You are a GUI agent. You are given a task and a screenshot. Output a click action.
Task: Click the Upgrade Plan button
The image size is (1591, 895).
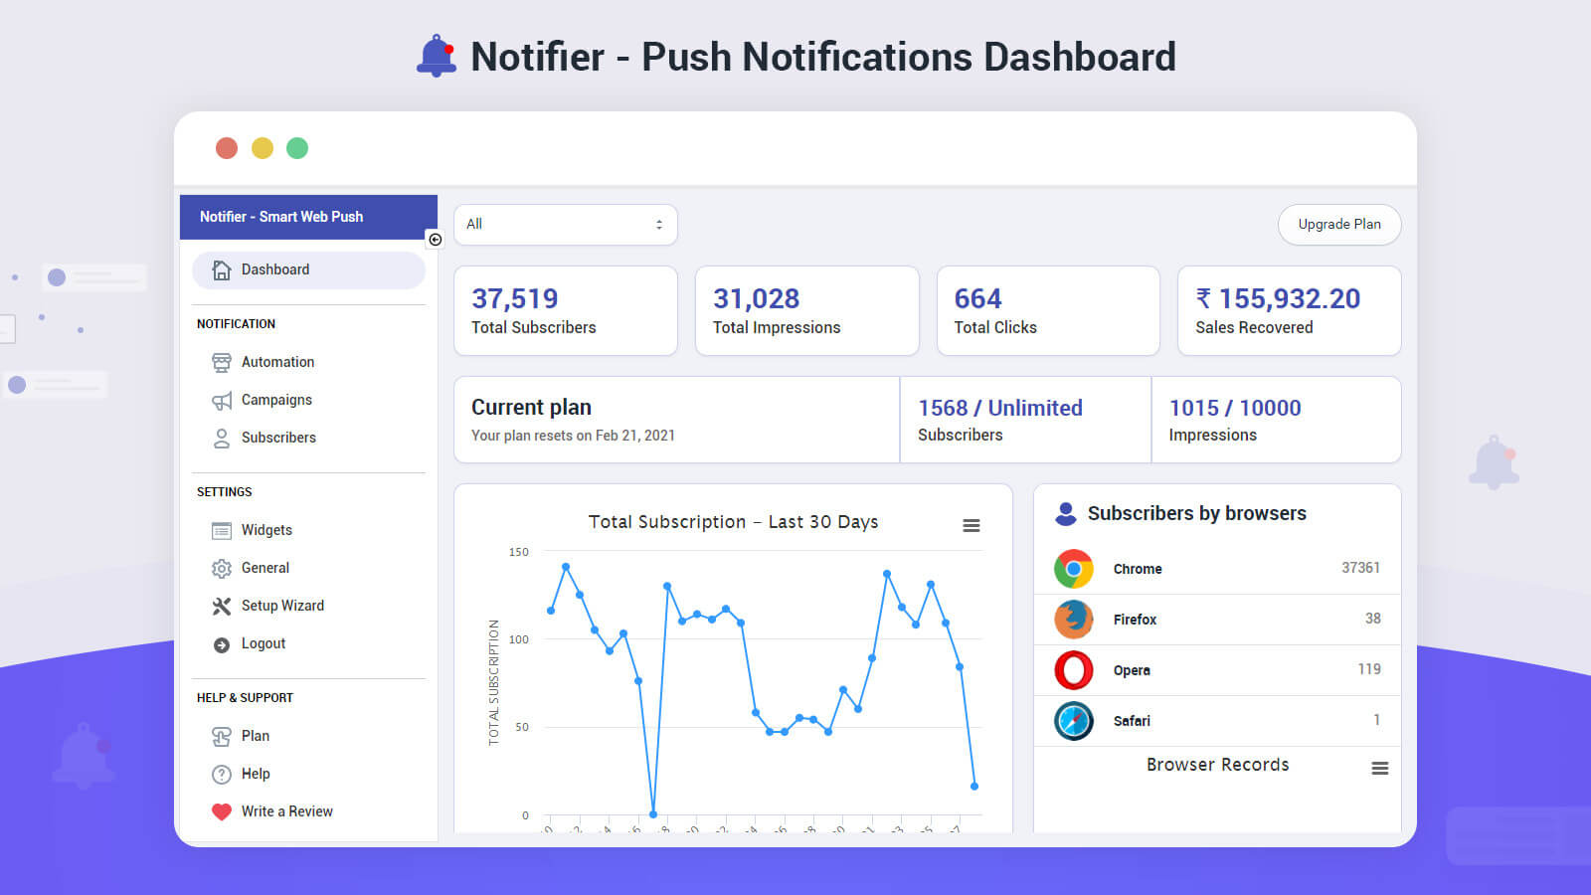tap(1338, 225)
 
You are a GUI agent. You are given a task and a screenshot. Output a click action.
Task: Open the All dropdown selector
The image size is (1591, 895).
tap(565, 225)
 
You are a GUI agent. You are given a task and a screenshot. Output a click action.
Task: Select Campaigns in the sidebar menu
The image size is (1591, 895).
tap(276, 400)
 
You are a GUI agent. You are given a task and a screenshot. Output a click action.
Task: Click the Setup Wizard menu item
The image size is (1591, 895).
tap(282, 606)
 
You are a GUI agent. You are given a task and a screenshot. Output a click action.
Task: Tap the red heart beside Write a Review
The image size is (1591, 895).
tap(222, 811)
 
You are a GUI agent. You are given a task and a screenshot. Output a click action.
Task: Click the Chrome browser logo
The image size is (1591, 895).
tap(1074, 569)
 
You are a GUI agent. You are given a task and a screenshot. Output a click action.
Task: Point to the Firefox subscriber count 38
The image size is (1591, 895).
tap(1372, 619)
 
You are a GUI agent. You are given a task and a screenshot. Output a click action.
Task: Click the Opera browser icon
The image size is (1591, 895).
tap(1074, 670)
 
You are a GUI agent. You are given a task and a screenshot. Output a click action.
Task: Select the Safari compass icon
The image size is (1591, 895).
tap(1074, 721)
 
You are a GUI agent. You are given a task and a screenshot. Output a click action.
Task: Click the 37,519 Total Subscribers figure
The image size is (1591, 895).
tap(514, 298)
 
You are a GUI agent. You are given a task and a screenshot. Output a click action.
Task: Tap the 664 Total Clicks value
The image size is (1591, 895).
tap(977, 298)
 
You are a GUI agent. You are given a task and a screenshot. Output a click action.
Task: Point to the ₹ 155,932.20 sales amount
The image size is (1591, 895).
tap(1279, 298)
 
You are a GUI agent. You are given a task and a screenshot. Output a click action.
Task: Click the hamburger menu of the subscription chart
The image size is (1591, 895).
tap(972, 525)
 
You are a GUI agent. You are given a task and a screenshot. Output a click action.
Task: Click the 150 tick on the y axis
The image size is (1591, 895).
tap(519, 552)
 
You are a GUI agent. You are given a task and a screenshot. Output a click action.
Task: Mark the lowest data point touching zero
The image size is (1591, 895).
tap(653, 813)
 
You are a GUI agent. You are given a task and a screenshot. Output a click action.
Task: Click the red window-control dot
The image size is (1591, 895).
tap(227, 148)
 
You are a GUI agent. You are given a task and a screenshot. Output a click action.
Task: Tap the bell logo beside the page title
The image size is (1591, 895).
tap(437, 56)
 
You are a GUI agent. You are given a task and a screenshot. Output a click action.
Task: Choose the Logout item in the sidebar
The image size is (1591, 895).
tap(263, 643)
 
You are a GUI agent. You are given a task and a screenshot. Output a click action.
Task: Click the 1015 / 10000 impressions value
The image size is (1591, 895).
tap(1235, 408)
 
